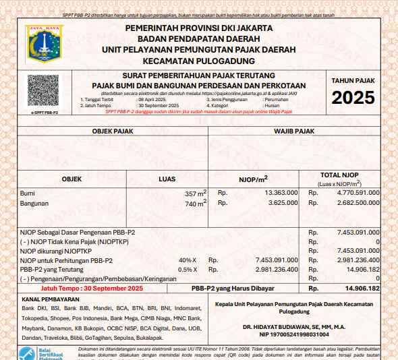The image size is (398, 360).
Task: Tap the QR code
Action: coord(43,91)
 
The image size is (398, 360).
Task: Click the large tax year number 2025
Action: coord(353,98)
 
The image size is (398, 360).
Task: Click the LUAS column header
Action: coord(167,179)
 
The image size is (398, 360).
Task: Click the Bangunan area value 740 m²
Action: coord(196,203)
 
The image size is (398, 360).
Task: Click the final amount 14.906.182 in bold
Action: coord(362,288)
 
